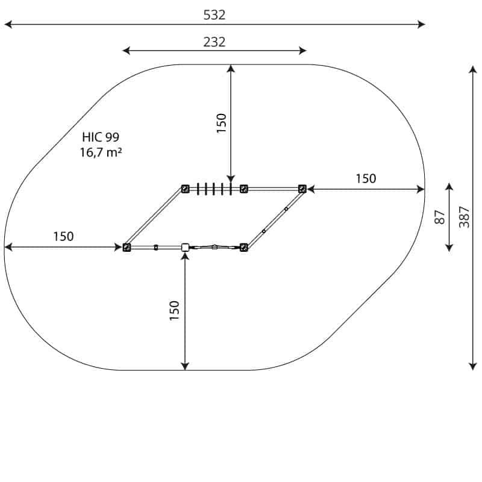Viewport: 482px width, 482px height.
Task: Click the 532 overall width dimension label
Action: (214, 14)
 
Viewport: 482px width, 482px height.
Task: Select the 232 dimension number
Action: (214, 42)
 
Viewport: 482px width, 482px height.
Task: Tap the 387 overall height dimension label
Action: (464, 217)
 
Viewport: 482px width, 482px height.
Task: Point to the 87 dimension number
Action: (440, 217)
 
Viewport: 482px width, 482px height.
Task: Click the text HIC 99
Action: (101, 137)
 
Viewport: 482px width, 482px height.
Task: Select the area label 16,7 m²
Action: (101, 152)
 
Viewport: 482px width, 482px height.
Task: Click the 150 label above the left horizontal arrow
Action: (63, 236)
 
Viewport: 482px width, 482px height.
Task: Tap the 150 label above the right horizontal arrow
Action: (366, 178)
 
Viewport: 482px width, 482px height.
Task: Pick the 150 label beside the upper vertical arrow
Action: (221, 124)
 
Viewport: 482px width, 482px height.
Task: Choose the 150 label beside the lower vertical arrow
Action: (174, 311)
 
